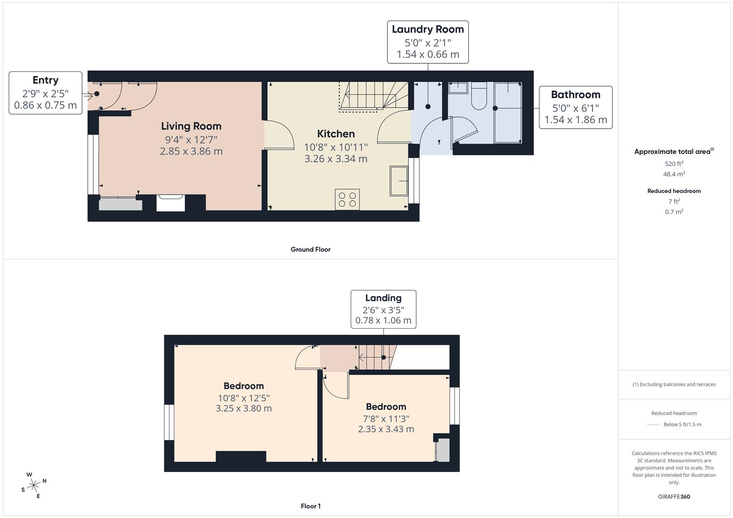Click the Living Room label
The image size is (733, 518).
pyautogui.click(x=191, y=126)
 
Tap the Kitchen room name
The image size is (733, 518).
pyautogui.click(x=336, y=134)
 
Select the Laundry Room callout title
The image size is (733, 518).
pyautogui.click(x=428, y=29)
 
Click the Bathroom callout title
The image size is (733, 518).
pyautogui.click(x=576, y=94)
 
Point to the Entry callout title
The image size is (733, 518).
pyautogui.click(x=46, y=80)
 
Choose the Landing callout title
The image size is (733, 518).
pyautogui.click(x=383, y=298)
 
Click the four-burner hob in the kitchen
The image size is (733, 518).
pyautogui.click(x=347, y=200)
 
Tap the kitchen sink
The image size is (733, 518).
pyautogui.click(x=398, y=181)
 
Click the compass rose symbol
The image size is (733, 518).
pyautogui.click(x=34, y=485)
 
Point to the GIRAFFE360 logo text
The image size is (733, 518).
pyautogui.click(x=674, y=496)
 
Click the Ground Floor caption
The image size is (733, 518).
pyautogui.click(x=311, y=249)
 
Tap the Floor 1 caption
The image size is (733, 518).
pyautogui.click(x=311, y=506)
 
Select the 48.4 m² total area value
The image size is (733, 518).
pyautogui.click(x=674, y=174)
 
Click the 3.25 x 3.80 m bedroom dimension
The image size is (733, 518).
pyautogui.click(x=243, y=409)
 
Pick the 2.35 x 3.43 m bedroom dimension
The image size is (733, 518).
pyautogui.click(x=386, y=429)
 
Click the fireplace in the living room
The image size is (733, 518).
pyautogui.click(x=170, y=203)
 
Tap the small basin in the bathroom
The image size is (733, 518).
pyautogui.click(x=458, y=88)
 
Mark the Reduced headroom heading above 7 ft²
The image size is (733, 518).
pyautogui.click(x=674, y=191)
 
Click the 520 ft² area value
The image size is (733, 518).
pyautogui.click(x=674, y=164)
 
